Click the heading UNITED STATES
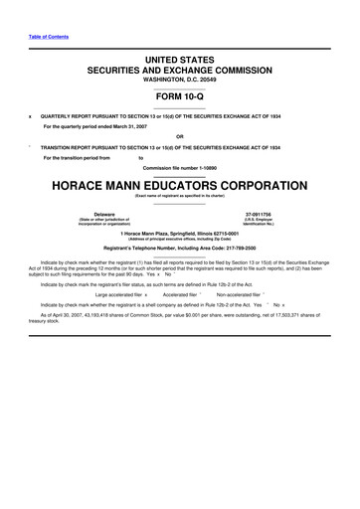[180, 62]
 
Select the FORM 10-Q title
[180, 95]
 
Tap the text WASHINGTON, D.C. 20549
[180, 82]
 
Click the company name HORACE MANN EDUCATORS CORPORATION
[180, 187]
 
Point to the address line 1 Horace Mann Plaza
[180, 233]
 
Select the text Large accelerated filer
[118, 295]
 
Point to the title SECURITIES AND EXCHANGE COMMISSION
[180, 73]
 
